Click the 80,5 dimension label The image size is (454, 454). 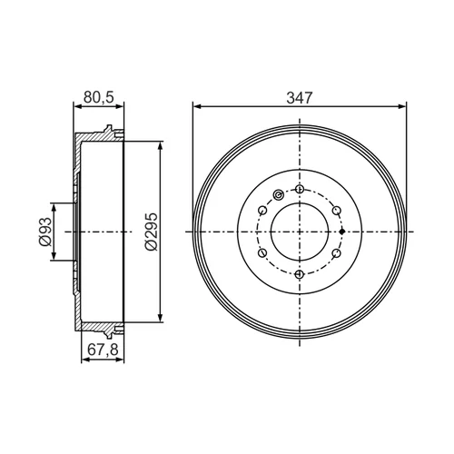point(99,97)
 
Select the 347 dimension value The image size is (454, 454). point(300,98)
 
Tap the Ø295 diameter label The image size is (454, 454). point(152,232)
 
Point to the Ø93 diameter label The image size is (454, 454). point(44,232)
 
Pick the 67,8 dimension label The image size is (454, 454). point(103,350)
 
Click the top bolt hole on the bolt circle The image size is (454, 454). point(300,190)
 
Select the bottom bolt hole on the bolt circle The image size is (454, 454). point(300,274)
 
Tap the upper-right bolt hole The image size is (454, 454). point(337,210)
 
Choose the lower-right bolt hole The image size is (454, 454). point(337,252)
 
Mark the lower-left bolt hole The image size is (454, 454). point(262,252)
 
